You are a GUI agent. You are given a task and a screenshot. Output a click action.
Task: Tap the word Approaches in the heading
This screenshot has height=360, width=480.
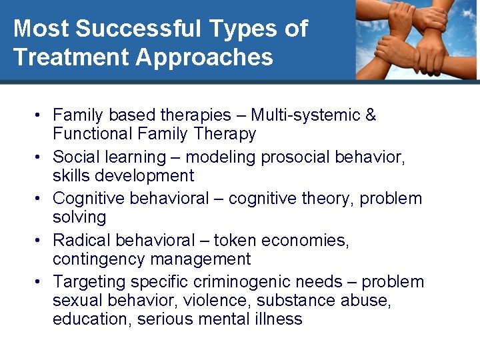click(x=204, y=57)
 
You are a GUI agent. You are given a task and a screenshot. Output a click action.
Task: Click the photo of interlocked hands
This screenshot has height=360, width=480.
click(x=416, y=40)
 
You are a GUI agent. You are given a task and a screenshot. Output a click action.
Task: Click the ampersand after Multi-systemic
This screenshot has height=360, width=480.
click(x=371, y=115)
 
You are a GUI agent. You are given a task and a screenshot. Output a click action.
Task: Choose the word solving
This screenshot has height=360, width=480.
click(x=79, y=217)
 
